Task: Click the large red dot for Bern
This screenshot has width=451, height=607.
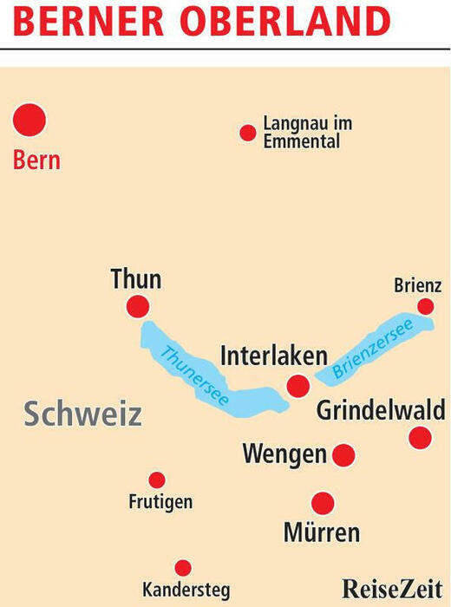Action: pyautogui.click(x=29, y=120)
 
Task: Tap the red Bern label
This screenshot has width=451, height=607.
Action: pyautogui.click(x=36, y=160)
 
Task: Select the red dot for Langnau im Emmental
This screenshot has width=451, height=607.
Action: pyautogui.click(x=248, y=133)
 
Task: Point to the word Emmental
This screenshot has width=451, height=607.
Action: pyautogui.click(x=302, y=140)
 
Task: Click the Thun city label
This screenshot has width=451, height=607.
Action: pyautogui.click(x=136, y=278)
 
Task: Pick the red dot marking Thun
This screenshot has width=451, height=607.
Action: pyautogui.click(x=138, y=307)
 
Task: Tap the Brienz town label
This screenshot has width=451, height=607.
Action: pyautogui.click(x=418, y=285)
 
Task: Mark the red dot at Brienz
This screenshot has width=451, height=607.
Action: pyautogui.click(x=426, y=307)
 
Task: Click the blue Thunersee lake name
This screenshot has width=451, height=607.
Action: pyautogui.click(x=195, y=375)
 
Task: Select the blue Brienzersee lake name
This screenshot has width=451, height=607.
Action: pyautogui.click(x=373, y=349)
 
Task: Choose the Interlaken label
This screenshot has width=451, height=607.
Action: pyautogui.click(x=274, y=356)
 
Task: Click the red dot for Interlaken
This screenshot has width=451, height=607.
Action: pyautogui.click(x=298, y=386)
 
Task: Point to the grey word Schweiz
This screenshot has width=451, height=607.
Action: pyautogui.click(x=83, y=414)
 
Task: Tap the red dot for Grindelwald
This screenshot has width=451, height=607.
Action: pyautogui.click(x=420, y=437)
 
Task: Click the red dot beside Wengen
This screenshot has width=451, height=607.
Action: pyautogui.click(x=343, y=455)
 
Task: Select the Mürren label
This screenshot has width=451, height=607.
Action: pyautogui.click(x=322, y=532)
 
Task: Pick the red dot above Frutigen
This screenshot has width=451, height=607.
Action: pyautogui.click(x=157, y=480)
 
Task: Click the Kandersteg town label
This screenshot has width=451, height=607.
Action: pyautogui.click(x=186, y=590)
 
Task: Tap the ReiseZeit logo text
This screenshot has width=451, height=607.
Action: pyautogui.click(x=392, y=589)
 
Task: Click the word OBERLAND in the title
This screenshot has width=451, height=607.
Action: pyautogui.click(x=285, y=21)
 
